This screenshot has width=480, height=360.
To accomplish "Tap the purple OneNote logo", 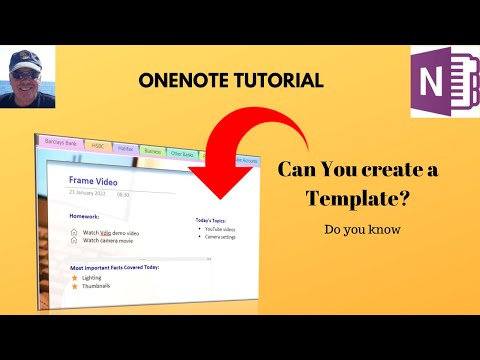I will [x=443, y=80].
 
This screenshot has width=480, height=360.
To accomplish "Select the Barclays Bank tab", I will [x=62, y=143].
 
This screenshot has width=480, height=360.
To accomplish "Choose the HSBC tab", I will [x=99, y=146].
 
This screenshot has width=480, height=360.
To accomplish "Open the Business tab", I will [x=154, y=152].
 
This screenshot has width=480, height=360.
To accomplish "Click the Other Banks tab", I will [x=184, y=155].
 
